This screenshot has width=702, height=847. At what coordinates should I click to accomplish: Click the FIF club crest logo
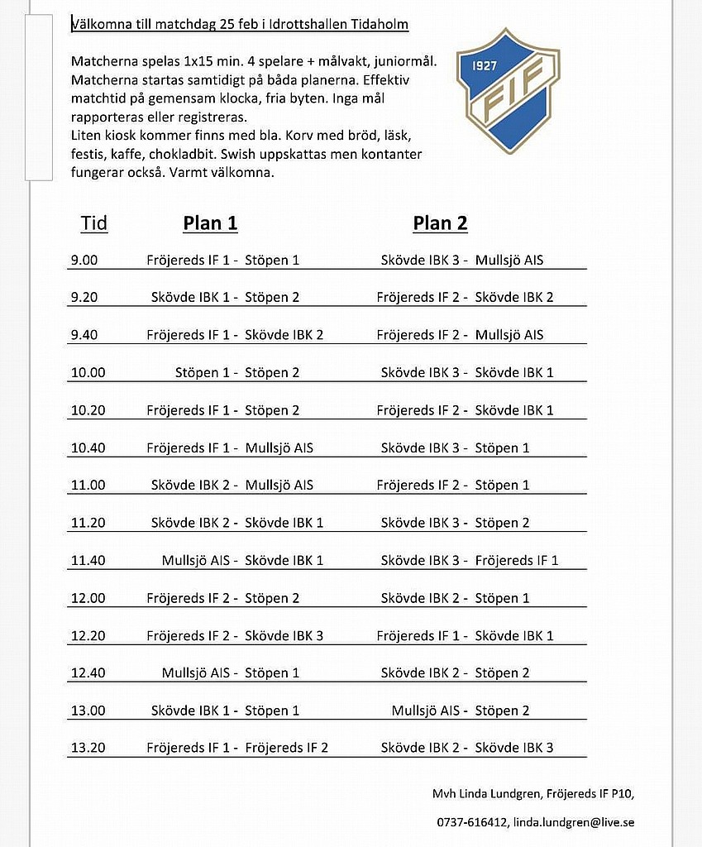(508, 89)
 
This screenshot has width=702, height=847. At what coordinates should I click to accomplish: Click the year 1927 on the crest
(484, 65)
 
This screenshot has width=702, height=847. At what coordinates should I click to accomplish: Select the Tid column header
(94, 223)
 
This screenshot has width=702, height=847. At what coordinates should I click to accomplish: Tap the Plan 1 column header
(210, 223)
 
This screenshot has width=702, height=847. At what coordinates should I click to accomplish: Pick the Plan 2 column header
(440, 223)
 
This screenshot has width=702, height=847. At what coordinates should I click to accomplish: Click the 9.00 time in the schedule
(84, 260)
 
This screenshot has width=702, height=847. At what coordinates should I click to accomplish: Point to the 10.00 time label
(88, 372)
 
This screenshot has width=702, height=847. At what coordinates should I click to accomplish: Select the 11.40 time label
(88, 560)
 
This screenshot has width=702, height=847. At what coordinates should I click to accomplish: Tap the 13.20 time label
(88, 748)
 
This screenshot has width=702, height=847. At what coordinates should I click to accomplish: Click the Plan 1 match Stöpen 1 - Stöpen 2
(237, 372)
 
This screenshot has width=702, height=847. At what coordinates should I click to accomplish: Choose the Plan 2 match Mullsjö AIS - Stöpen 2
(460, 711)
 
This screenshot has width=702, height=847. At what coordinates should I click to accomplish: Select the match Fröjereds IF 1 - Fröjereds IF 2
(237, 748)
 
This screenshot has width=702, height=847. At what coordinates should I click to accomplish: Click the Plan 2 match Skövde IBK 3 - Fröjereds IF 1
(469, 560)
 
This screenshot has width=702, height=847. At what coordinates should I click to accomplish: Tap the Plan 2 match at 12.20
(465, 635)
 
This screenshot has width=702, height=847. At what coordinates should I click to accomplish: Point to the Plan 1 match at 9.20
(225, 297)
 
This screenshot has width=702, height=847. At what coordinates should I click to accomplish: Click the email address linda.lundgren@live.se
(574, 822)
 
